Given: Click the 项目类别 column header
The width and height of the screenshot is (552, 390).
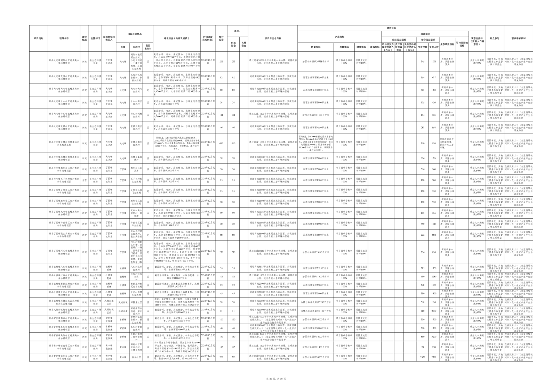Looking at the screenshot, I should [39, 39].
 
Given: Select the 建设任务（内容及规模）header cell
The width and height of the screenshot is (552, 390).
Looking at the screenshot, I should [176, 39].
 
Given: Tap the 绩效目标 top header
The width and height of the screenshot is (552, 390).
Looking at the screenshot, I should [391, 28].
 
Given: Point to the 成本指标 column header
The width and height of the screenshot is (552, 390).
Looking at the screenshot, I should [375, 47].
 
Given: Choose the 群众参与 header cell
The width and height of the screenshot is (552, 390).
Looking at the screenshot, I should [494, 39].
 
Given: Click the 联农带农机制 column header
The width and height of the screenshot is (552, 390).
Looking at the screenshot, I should [518, 39].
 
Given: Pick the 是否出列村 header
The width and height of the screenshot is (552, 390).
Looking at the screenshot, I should [148, 47].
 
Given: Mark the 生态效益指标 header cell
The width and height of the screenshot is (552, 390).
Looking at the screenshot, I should [447, 44].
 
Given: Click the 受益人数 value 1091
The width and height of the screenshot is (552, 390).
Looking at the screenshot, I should [434, 62].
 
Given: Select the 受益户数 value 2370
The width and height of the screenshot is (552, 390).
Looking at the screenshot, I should [423, 357].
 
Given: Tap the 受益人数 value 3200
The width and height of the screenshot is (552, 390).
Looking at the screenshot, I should [434, 337].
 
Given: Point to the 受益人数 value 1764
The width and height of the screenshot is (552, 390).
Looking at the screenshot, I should [434, 159].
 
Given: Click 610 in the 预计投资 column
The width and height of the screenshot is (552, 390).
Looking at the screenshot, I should [221, 143].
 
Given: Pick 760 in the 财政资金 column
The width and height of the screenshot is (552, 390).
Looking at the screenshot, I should [233, 357].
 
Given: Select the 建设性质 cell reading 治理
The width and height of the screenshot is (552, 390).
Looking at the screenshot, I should [84, 180].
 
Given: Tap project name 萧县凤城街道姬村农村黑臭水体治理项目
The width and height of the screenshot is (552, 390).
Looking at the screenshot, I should [64, 311].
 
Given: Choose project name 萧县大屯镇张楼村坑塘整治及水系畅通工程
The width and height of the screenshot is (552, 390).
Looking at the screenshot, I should [64, 143].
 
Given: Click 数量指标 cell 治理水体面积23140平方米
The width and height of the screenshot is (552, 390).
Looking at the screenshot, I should [315, 252].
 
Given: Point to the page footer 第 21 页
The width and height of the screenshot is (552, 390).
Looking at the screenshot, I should [271, 379].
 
